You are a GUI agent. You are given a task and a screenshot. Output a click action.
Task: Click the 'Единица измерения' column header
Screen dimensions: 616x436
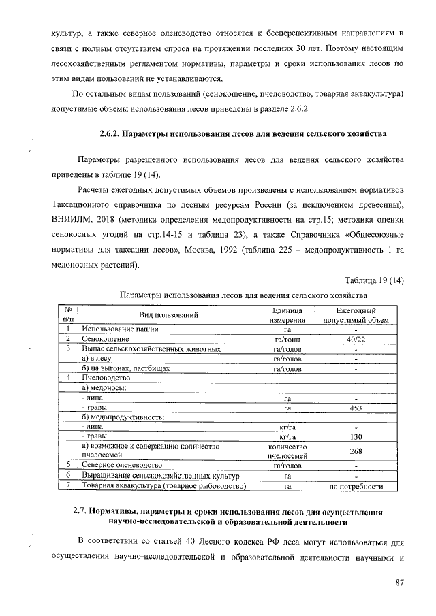pos(287,314)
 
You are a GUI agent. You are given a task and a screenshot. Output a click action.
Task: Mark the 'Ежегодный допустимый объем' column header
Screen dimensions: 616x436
pos(356,314)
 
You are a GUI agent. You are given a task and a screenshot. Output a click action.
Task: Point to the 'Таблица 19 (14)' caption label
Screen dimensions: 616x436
pos(374,280)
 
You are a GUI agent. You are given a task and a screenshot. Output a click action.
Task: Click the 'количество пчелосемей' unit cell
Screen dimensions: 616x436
pos(287,451)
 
